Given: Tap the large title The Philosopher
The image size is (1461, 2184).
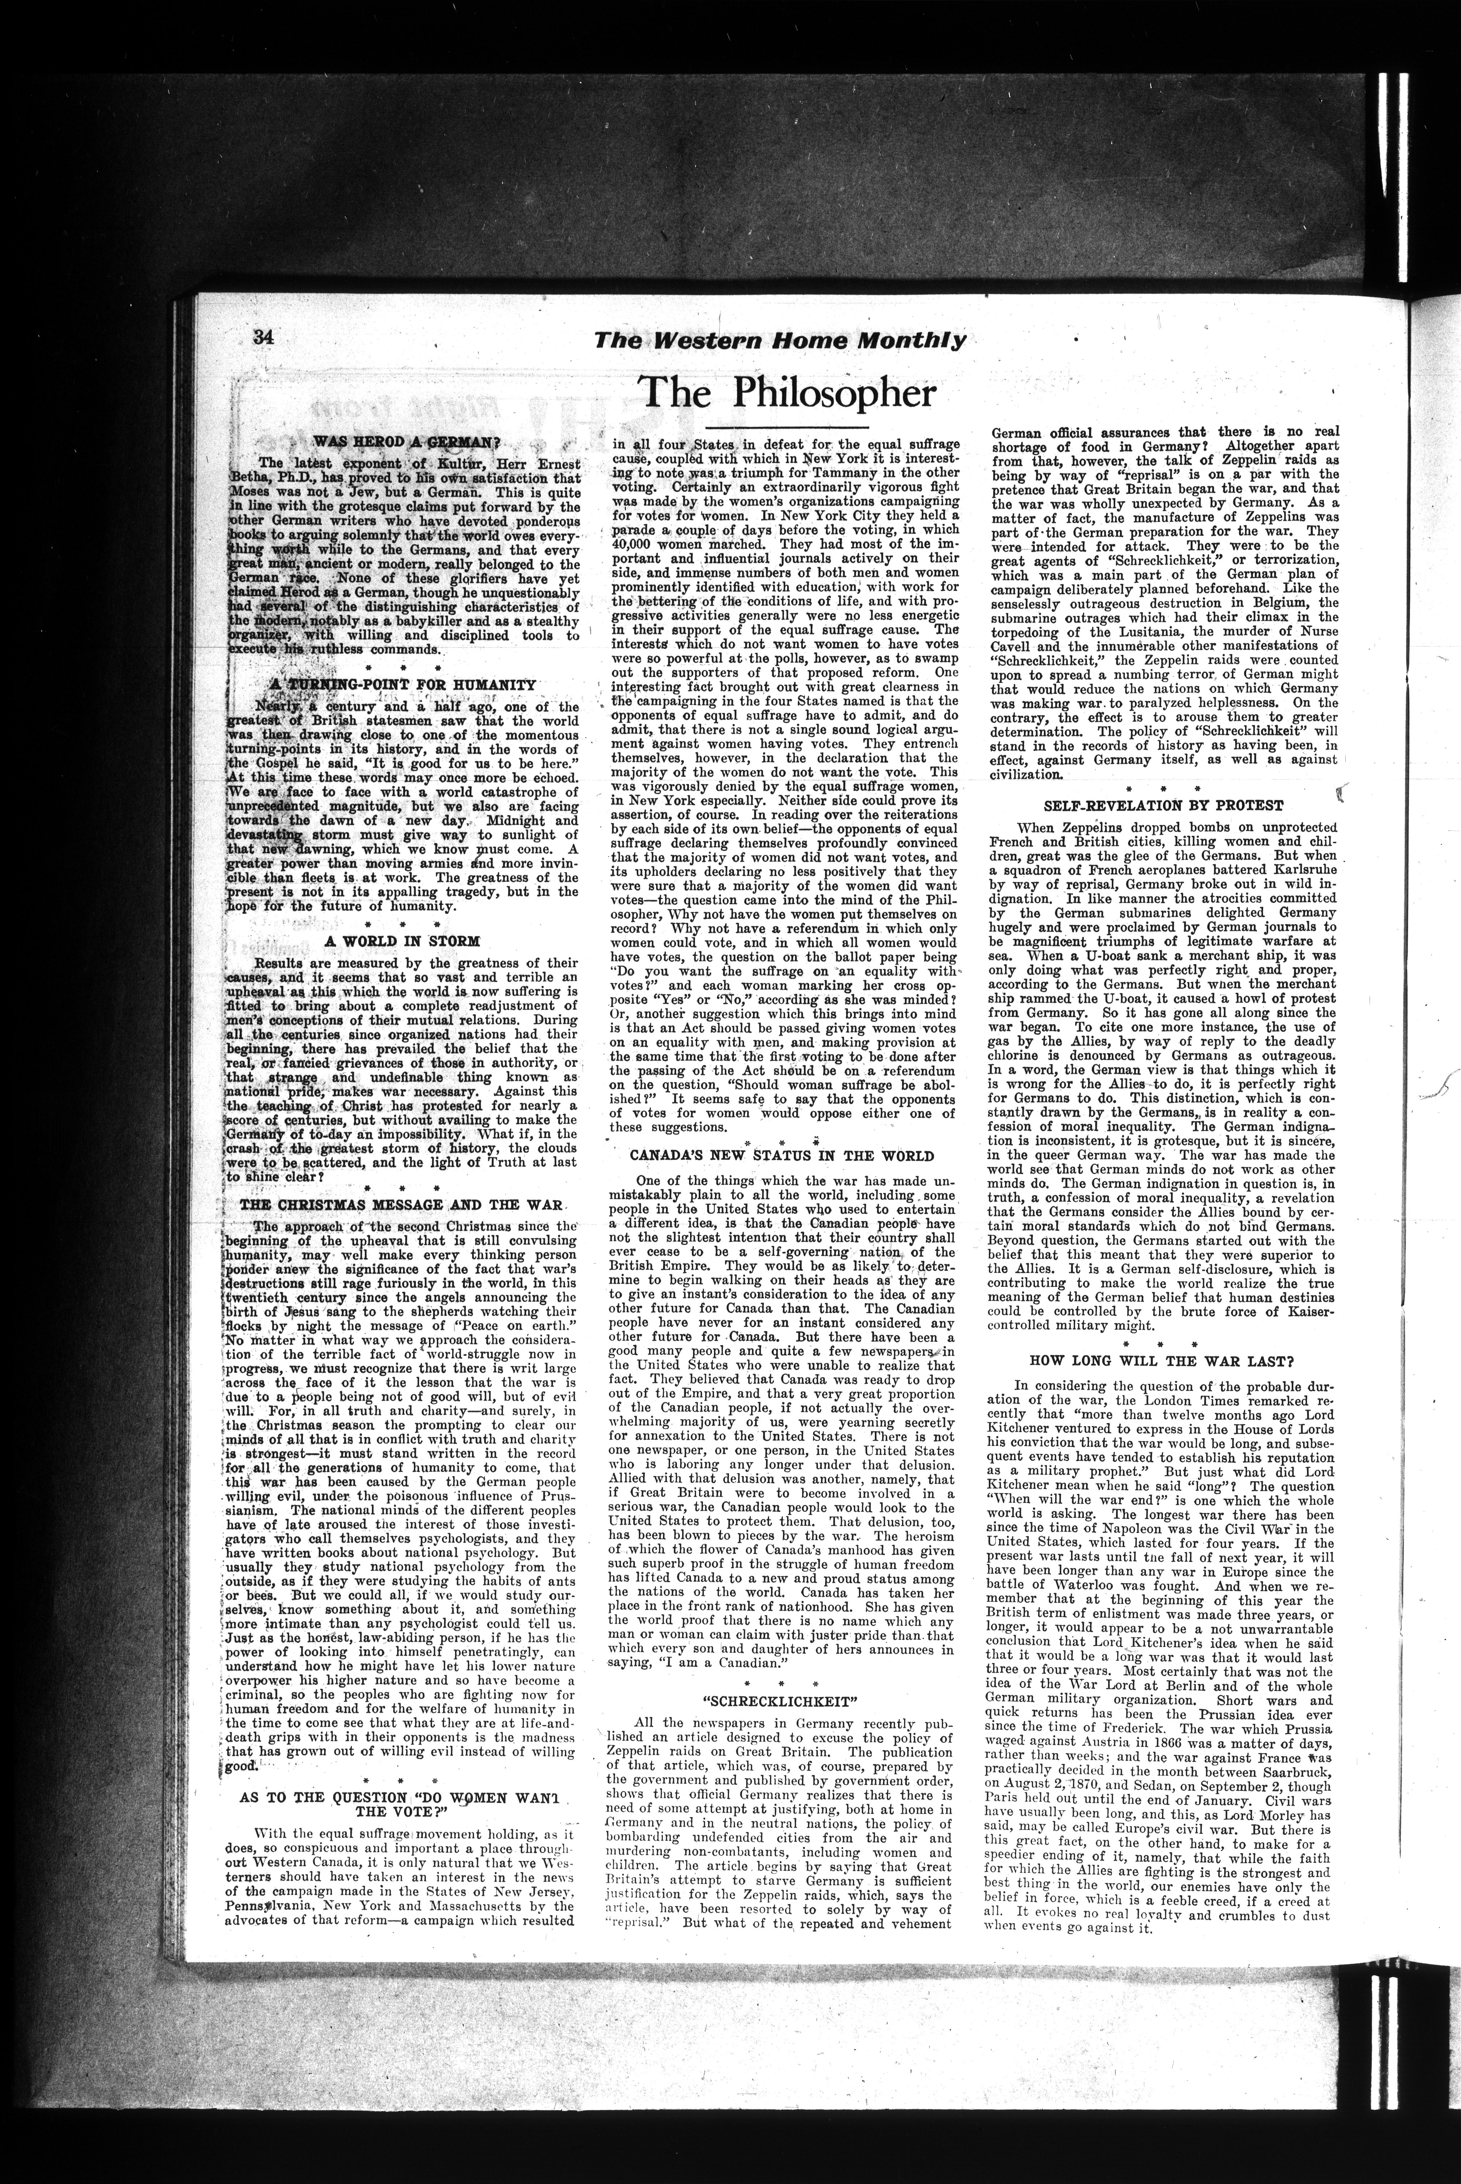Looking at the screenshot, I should (787, 393).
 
